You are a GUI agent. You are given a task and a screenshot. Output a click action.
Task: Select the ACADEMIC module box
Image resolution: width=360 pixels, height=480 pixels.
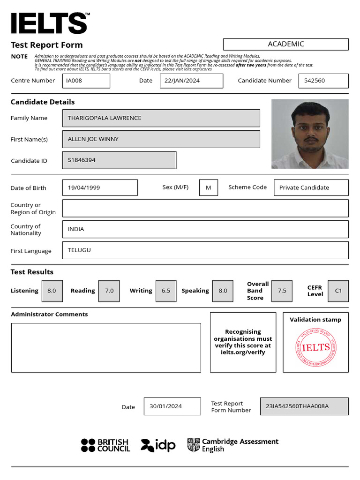click(285, 44)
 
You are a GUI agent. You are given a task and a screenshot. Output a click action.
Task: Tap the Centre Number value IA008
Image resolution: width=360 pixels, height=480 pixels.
click(86, 81)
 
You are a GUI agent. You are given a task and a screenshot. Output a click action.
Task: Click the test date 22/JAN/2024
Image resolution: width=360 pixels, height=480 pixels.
click(191, 81)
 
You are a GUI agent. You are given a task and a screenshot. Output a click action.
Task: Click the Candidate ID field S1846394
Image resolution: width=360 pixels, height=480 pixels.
click(119, 160)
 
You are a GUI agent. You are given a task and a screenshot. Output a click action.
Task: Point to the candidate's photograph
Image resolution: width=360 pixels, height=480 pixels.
click(310, 134)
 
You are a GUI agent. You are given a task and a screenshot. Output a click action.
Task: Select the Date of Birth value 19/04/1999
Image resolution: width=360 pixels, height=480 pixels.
click(100, 187)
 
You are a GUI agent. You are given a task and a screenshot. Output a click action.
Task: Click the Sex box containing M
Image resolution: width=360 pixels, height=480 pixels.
click(209, 187)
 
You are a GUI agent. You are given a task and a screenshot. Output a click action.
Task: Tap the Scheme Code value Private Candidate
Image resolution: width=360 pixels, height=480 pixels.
click(311, 187)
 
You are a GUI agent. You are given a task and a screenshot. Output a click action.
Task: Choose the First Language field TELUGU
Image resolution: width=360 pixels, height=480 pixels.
click(205, 250)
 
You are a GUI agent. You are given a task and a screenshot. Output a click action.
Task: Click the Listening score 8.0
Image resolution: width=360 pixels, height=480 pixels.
click(52, 291)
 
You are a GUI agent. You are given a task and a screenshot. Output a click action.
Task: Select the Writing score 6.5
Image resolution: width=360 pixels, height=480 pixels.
click(166, 291)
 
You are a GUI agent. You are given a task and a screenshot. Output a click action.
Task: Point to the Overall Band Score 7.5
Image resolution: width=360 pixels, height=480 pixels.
click(282, 291)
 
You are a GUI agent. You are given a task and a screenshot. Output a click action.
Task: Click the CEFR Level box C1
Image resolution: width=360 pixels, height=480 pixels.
click(338, 291)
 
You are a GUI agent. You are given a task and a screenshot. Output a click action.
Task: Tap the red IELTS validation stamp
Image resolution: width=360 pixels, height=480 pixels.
click(316, 347)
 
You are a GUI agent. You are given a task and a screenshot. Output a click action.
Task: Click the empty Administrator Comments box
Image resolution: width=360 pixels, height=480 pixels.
click(106, 347)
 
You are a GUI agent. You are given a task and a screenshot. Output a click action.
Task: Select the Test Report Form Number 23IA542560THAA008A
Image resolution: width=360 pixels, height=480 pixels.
click(304, 406)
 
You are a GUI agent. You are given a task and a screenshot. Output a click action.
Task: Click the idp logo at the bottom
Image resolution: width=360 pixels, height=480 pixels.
click(158, 445)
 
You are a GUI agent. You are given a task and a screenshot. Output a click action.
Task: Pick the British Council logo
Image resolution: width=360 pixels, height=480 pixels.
click(105, 445)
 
